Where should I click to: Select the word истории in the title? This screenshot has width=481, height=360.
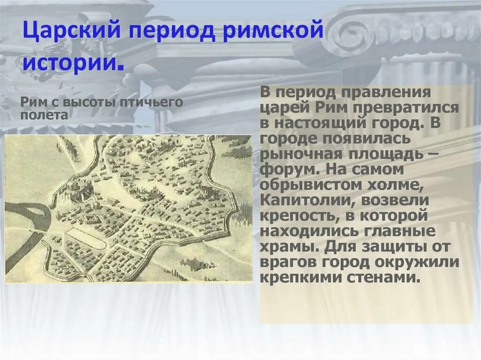71,63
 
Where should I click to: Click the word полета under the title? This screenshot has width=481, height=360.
44,115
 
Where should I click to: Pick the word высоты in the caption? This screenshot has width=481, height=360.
90,103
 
